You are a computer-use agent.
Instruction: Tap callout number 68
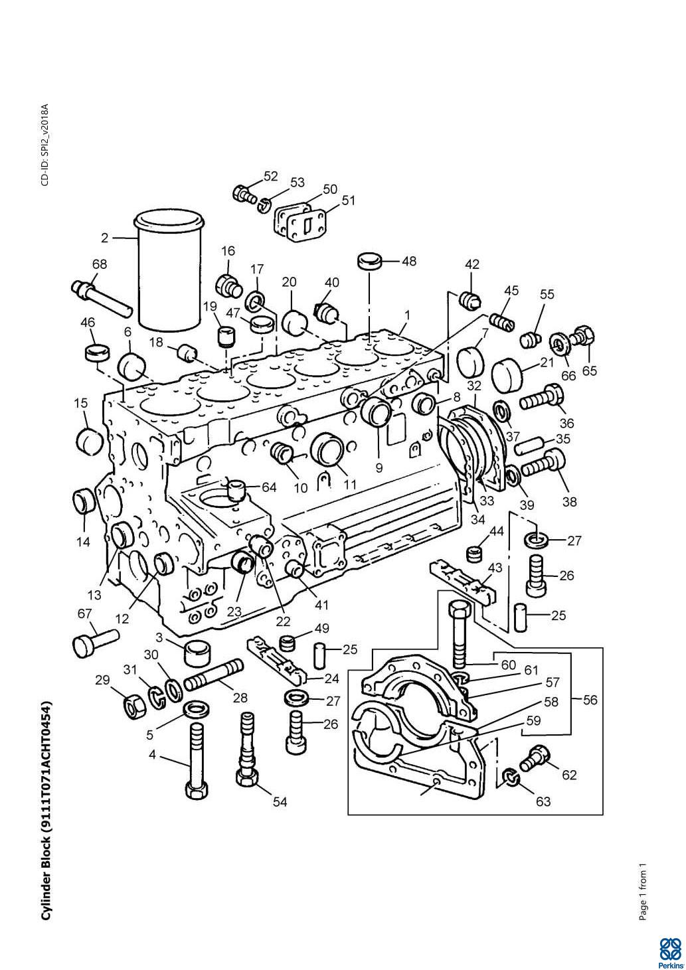pos(99,264)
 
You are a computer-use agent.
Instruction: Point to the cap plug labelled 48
pos(369,260)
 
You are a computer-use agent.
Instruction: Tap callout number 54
pos(280,801)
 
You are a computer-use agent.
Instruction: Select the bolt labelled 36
pos(541,400)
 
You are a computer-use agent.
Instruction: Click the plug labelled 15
pos(88,439)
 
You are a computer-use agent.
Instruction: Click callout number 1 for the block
pos(406,314)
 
